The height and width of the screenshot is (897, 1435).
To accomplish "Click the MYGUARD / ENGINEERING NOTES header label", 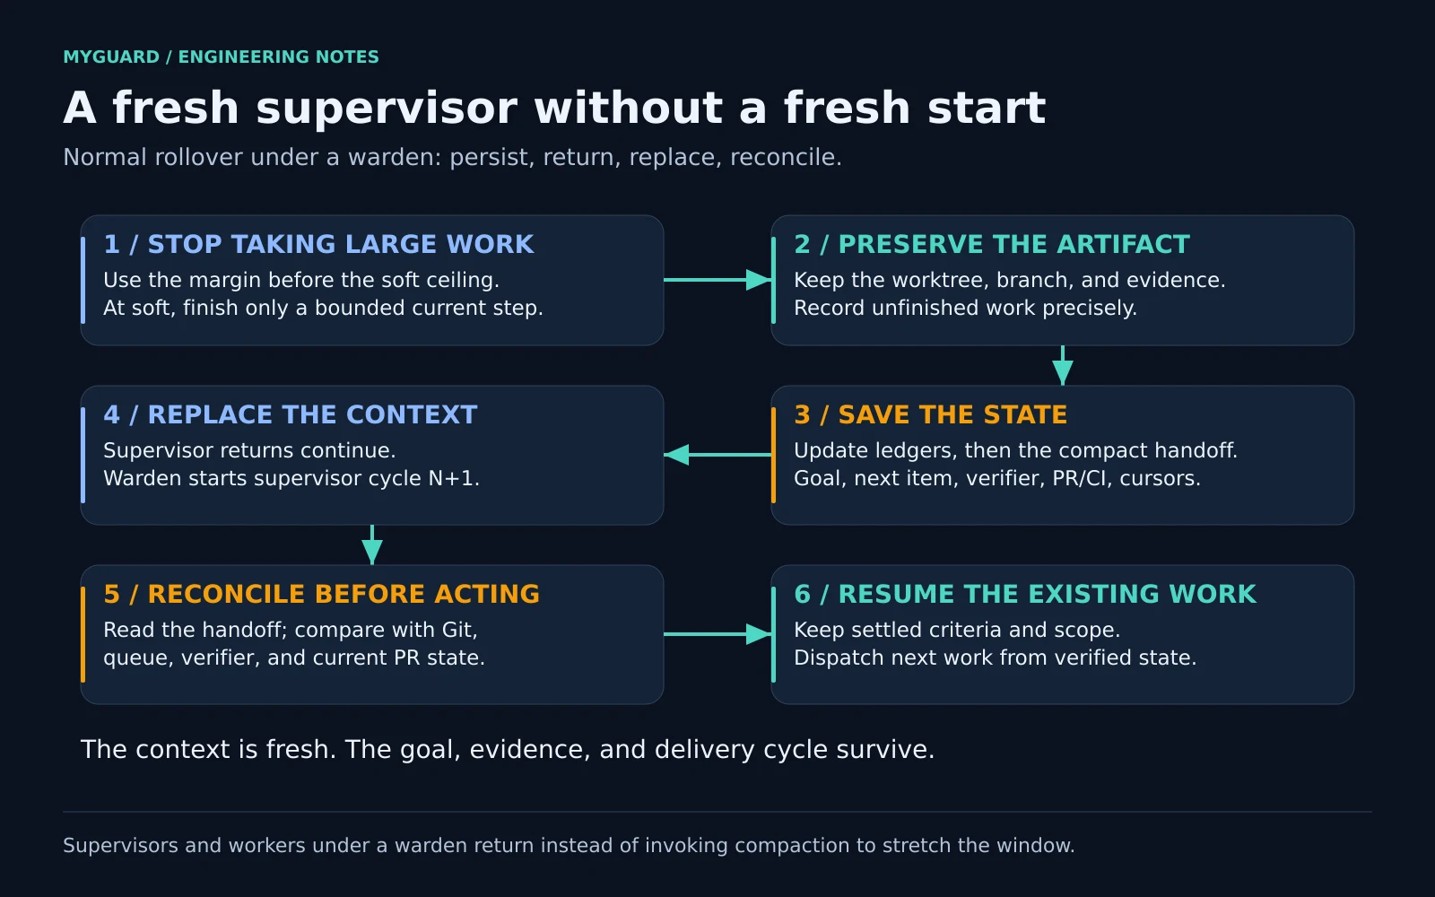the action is pyautogui.click(x=221, y=57).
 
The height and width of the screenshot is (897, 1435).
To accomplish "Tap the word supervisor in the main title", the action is pyautogui.click(x=387, y=108).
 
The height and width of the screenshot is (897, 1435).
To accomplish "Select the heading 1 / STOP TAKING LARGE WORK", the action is pyautogui.click(x=318, y=244).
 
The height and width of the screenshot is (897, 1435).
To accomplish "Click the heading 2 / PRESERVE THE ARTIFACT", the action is pyautogui.click(x=992, y=244).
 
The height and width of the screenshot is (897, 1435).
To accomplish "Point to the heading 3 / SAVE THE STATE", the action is pyautogui.click(x=930, y=414).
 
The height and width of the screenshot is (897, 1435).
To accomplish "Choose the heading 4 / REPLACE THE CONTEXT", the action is pyautogui.click(x=291, y=414).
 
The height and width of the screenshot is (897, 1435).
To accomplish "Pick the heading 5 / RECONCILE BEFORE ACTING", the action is pyautogui.click(x=322, y=594).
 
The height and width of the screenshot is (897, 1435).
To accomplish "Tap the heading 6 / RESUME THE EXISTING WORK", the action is pyautogui.click(x=1025, y=594).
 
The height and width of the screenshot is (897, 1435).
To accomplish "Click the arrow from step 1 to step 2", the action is pyautogui.click(x=717, y=280).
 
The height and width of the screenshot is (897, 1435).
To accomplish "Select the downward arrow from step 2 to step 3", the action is pyautogui.click(x=1063, y=366).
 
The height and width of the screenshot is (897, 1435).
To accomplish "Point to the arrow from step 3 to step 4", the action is pyautogui.click(x=717, y=455).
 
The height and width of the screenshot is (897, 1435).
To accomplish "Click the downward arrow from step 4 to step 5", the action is pyautogui.click(x=372, y=545).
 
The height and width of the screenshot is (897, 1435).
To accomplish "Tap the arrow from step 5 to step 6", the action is pyautogui.click(x=717, y=634).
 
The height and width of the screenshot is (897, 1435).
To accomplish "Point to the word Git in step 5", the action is pyautogui.click(x=459, y=630).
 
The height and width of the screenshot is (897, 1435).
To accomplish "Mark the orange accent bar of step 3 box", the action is pyautogui.click(x=774, y=455).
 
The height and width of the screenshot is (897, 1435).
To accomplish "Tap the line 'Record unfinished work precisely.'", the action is pyautogui.click(x=965, y=309).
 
